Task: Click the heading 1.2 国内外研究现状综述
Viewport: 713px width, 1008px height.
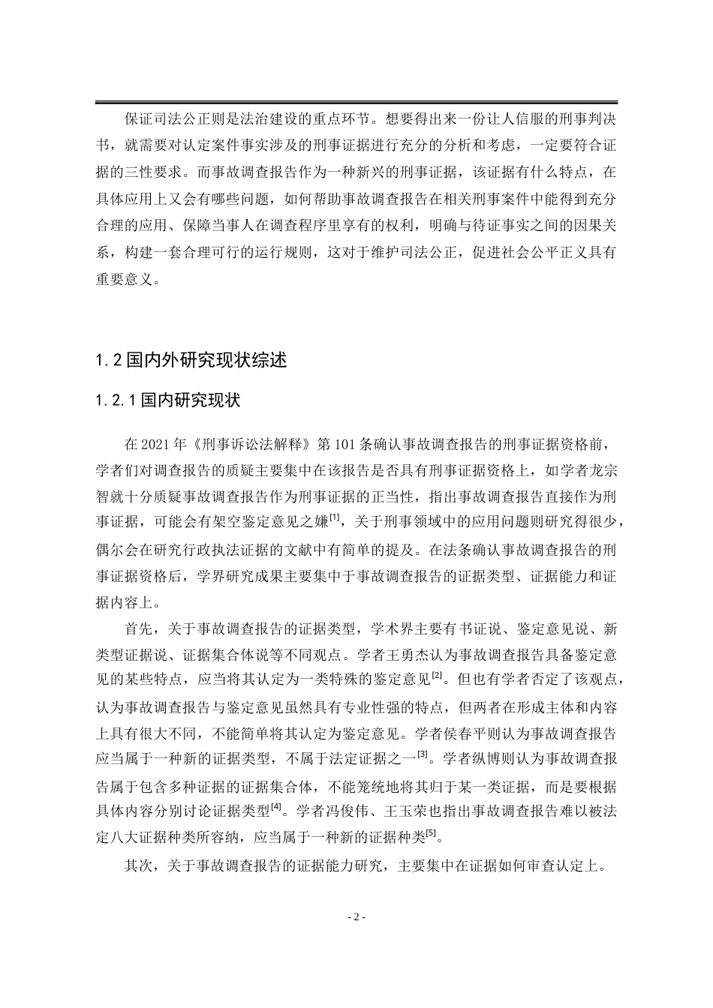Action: [191, 360]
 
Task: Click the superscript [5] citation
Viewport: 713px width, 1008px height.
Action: [431, 832]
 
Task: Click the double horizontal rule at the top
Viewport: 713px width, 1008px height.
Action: [356, 103]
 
